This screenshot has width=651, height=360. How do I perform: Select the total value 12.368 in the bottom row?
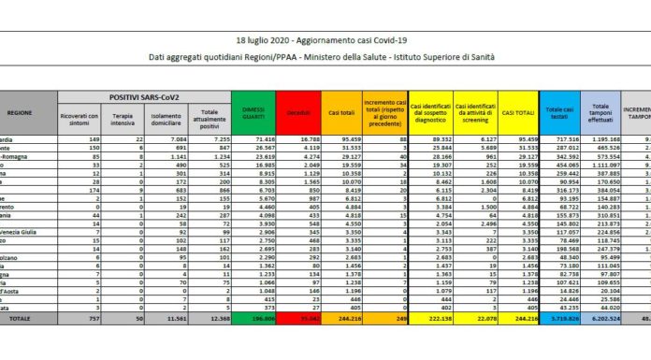coord(215,345)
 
